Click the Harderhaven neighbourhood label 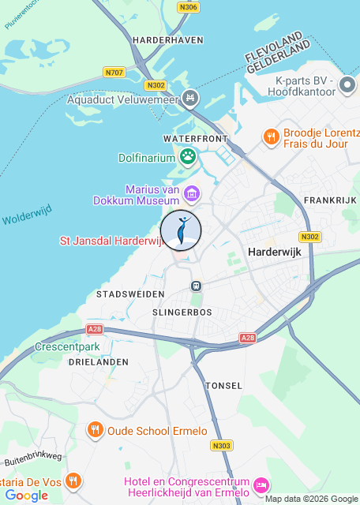168,39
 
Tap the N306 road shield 189,7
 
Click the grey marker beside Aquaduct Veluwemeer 189,99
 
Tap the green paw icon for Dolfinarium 188,155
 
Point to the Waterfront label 195,139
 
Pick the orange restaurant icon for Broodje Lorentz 271,137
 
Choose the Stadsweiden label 130,294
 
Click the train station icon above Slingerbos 195,285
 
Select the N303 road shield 221,446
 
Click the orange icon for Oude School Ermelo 95,431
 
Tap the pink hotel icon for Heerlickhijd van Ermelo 262,483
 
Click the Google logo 26,496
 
